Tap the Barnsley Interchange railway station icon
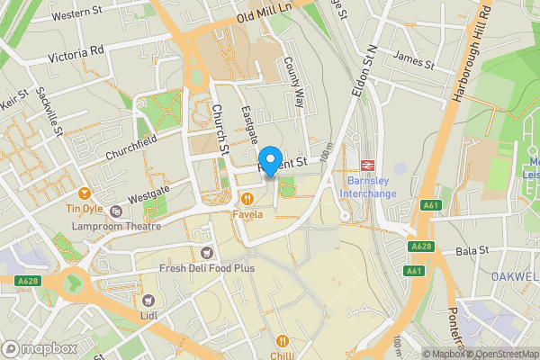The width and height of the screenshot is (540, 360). coord(366,165)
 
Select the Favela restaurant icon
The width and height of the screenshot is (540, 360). coord(245,198)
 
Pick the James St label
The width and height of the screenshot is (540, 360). coord(416,65)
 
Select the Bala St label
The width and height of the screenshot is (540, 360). coord(471,251)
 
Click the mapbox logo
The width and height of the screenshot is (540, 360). coord(38,348)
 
